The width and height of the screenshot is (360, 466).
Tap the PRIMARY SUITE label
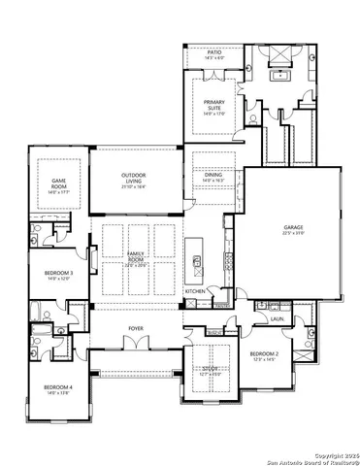(x=213, y=104)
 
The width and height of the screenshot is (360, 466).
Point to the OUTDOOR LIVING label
(x=134, y=177)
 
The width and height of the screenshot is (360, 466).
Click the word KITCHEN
(x=195, y=291)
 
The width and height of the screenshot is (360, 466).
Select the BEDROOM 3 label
(x=58, y=275)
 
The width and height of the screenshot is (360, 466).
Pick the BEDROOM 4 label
(x=57, y=388)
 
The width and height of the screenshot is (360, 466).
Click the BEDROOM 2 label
(x=264, y=353)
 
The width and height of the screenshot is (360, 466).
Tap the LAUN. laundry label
(x=277, y=317)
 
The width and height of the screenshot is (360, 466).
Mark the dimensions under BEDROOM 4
(x=57, y=394)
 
